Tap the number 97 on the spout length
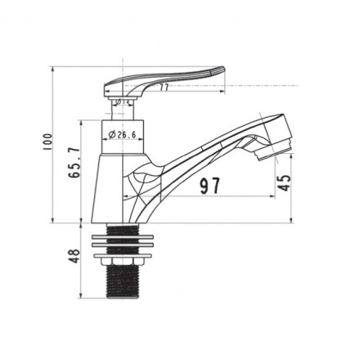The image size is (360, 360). [209, 186]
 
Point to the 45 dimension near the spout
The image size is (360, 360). [285, 182]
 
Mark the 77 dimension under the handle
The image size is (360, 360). [164, 87]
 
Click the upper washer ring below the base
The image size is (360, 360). [122, 232]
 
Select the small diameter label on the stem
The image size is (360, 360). [120, 102]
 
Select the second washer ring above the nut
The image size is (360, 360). [122, 244]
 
